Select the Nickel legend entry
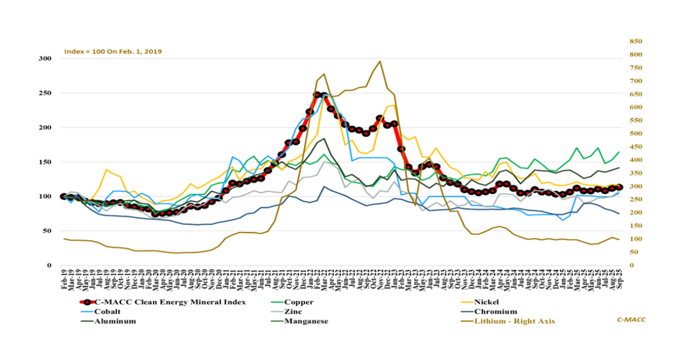coord(486,301)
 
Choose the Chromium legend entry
coord(492,312)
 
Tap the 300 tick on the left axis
coord(46,59)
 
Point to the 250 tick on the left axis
coord(46,93)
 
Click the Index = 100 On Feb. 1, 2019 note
coord(113,51)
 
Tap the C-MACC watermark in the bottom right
coord(630,319)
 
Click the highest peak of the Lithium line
coord(380,61)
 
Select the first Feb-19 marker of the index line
coord(64,196)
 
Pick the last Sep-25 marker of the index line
coord(620,187)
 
